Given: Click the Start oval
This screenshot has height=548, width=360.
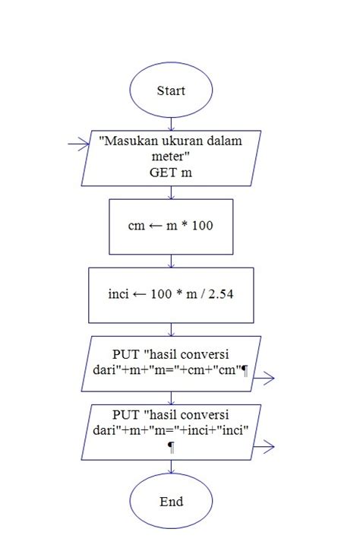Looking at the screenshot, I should coord(171,90).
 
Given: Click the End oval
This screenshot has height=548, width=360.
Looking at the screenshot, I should coord(171,502).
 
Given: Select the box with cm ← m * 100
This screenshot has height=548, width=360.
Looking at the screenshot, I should coord(171,226).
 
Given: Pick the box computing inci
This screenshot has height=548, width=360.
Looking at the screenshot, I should coord(171,293).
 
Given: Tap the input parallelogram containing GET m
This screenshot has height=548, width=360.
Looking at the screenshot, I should coord(171,158).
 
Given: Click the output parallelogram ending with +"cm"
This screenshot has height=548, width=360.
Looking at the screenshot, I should coord(171,363).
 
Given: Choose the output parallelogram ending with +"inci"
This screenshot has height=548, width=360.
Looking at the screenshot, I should coord(171,431).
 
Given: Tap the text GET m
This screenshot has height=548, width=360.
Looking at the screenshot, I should coord(171,173).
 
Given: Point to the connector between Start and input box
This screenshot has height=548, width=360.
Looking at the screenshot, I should coord(171,122).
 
